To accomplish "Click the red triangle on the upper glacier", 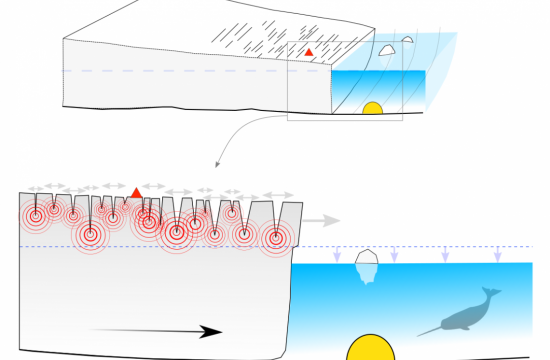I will pos(309,51).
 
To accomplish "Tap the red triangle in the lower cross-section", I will pos(136,191).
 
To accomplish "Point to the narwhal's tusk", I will pos(427,331).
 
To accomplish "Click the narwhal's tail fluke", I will pos(491,293).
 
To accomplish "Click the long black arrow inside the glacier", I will pos(161,331).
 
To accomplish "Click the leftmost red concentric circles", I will pos(35,214).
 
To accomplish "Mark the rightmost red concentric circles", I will pos(275,238).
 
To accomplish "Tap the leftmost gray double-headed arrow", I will pos(39,187).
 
